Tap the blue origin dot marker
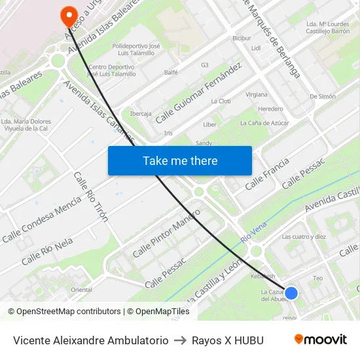coord(291,293)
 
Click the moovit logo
coord(321,340)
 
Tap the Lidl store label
coord(256,48)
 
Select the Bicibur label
coord(242,38)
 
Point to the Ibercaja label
coord(140,113)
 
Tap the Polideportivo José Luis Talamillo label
coord(136,50)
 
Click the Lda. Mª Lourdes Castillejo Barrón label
coord(327,27)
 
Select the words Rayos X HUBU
coord(227,340)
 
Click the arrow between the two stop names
coord(179,340)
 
